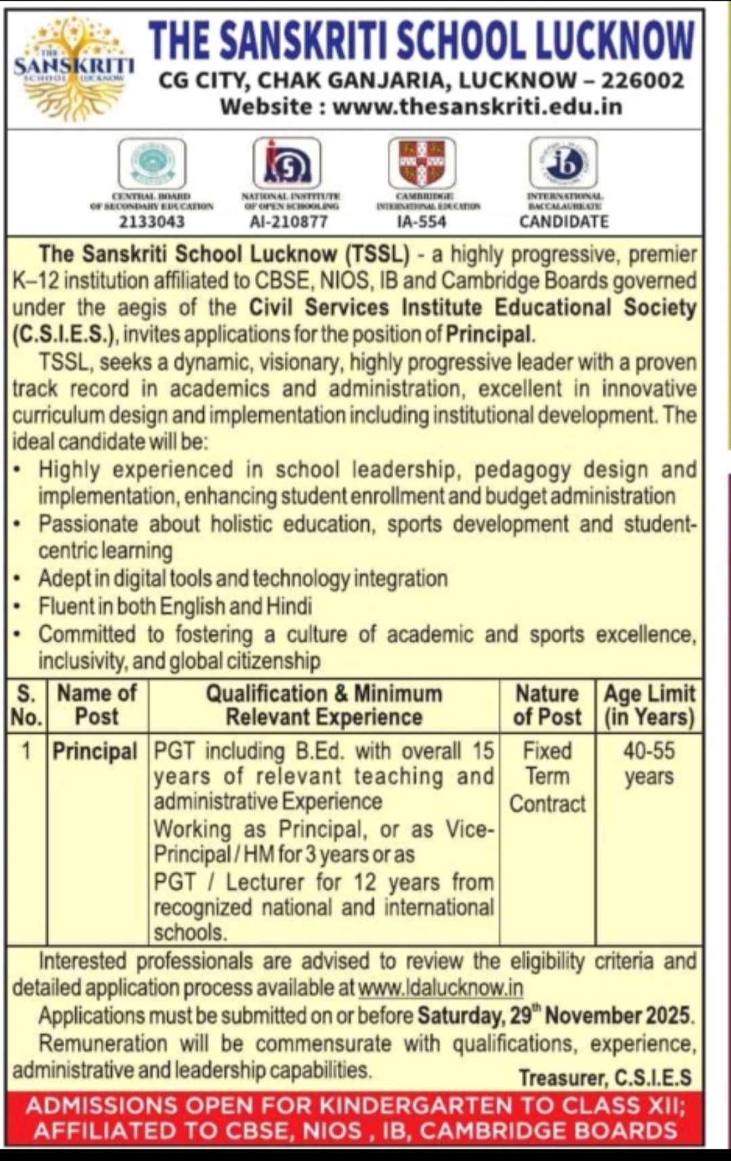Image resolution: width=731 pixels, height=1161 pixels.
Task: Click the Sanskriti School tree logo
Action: (x=73, y=68)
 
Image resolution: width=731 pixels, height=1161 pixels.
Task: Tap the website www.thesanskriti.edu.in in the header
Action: (x=477, y=107)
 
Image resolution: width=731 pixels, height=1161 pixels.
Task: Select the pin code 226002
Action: (x=642, y=81)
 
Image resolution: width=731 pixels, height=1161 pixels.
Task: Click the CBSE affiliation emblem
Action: (x=152, y=163)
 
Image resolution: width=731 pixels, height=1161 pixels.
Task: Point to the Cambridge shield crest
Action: (x=422, y=163)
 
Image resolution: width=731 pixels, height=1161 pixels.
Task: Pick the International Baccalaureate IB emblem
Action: (x=563, y=163)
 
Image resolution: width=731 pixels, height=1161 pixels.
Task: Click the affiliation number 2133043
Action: (x=152, y=221)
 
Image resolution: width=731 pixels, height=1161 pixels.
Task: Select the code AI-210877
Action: (x=288, y=221)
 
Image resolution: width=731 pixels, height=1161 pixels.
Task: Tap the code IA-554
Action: (x=422, y=221)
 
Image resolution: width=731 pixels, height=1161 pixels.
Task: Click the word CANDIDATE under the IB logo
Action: (x=564, y=221)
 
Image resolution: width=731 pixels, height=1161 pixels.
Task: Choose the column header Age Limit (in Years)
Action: (x=648, y=705)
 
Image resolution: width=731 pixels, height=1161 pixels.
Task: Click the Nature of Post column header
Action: (x=547, y=705)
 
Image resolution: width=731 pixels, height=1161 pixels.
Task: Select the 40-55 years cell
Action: (x=648, y=763)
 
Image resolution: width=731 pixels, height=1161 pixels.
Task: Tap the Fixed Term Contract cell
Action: (x=547, y=777)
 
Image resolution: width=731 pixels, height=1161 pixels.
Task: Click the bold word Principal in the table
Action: (x=95, y=751)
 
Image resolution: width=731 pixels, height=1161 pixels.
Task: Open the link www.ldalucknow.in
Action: (x=440, y=988)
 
